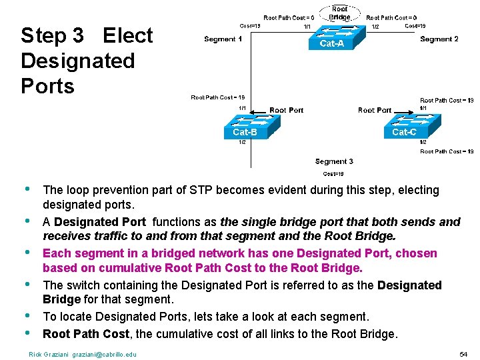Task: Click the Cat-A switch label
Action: [332, 44]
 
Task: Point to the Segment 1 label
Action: [224, 39]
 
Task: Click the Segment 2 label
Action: [439, 39]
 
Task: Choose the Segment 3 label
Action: [334, 161]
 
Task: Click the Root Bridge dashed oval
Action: [339, 13]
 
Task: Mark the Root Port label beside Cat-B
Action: [287, 111]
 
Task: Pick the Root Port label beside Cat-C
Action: [375, 111]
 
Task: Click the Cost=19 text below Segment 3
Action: [333, 174]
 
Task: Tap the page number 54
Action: [464, 354]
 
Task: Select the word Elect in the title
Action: [128, 35]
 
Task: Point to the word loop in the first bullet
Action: [78, 190]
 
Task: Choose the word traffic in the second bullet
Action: [109, 236]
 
